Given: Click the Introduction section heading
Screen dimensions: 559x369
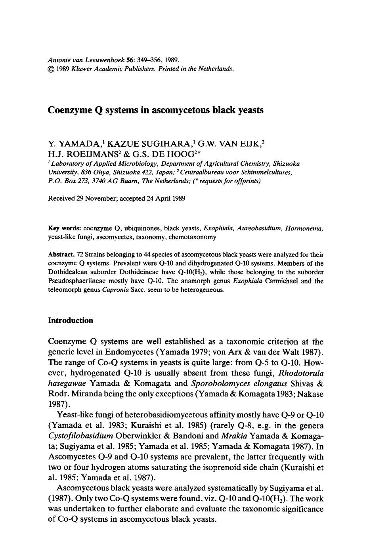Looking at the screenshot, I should tap(70, 320).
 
